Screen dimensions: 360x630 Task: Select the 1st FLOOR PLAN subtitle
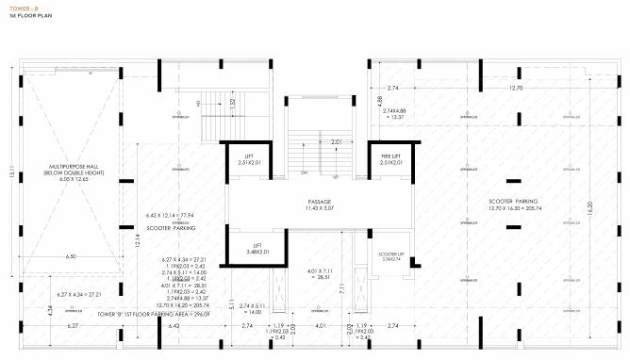click(25, 17)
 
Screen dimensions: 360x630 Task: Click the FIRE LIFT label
click(391, 155)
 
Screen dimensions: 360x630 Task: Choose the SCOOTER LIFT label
click(391, 256)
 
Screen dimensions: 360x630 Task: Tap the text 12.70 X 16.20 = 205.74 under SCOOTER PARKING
click(513, 209)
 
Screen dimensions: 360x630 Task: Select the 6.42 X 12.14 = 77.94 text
click(174, 214)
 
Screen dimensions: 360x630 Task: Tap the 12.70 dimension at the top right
click(515, 87)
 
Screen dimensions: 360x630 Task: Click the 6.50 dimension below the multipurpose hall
click(71, 255)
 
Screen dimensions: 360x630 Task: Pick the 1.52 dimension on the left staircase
click(232, 104)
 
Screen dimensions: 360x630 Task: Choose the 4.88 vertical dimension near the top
click(379, 99)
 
